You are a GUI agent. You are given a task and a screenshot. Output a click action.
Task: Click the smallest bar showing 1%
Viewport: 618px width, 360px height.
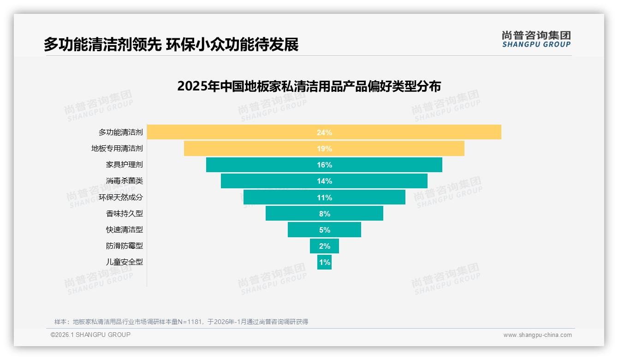coord(324,262)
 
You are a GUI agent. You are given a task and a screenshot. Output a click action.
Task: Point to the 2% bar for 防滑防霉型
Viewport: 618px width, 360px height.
coord(324,246)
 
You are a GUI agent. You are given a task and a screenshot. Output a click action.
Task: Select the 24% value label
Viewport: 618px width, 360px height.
coord(324,132)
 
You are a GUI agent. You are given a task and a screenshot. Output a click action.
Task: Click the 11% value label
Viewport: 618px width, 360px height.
coord(324,198)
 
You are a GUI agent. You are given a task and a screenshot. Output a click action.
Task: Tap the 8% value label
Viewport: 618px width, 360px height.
coord(324,214)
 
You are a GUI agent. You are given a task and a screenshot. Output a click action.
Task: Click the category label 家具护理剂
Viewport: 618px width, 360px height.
coord(125,165)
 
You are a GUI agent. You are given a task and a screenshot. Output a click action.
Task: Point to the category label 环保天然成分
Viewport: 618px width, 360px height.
coord(121,197)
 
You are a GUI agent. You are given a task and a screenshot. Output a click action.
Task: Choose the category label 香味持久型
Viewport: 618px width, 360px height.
coord(125,214)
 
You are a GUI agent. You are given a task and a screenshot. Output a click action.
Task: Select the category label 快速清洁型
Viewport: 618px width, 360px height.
coord(125,230)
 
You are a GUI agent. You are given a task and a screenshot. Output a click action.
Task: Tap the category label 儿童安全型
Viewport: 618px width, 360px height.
coord(125,262)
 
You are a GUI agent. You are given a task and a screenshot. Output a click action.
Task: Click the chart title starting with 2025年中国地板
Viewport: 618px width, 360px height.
coord(309,87)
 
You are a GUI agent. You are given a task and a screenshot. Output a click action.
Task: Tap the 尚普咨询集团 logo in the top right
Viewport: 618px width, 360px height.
coord(536,39)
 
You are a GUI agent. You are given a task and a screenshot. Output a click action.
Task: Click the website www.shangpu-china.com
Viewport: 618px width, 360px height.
coord(537,335)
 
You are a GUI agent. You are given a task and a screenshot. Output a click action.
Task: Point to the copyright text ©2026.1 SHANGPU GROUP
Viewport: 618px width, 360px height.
coord(90,335)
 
